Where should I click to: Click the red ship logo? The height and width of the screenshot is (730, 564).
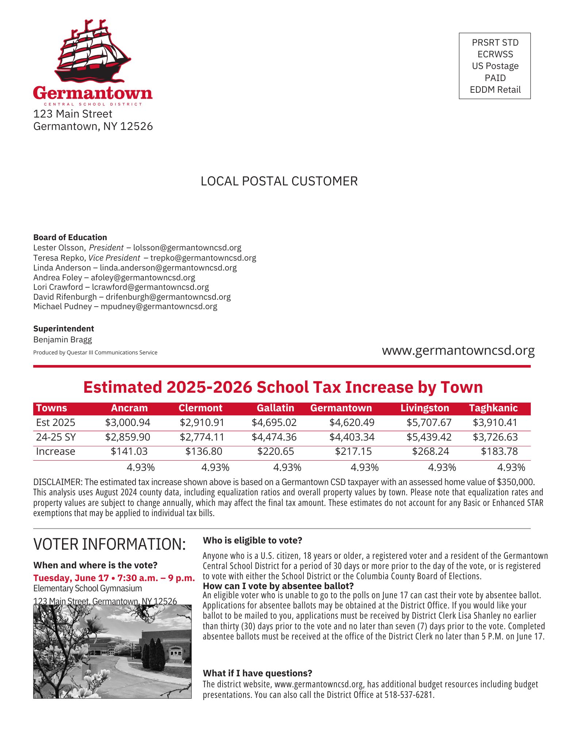(92, 51)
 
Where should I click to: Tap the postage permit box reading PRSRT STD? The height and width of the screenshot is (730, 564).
(494, 66)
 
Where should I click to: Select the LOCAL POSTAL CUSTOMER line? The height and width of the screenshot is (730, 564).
(279, 181)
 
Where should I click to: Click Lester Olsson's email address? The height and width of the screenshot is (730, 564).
(187, 248)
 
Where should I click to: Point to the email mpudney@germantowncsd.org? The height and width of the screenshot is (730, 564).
(159, 307)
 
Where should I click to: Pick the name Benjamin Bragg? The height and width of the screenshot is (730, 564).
(62, 340)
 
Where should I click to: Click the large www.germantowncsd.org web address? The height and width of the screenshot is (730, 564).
(458, 350)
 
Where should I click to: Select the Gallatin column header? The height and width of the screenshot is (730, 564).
(275, 408)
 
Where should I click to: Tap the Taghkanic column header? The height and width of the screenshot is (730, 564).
(493, 408)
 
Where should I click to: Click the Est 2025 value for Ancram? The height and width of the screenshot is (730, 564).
(127, 423)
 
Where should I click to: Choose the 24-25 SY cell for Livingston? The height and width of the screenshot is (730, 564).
(429, 437)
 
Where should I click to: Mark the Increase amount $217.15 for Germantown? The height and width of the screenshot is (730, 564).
(353, 452)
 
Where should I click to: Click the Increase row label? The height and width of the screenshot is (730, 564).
(55, 452)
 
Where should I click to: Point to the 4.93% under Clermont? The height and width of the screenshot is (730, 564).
(215, 468)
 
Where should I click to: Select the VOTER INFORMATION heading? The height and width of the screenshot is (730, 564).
(110, 544)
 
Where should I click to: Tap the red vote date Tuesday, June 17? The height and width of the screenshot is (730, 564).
(71, 578)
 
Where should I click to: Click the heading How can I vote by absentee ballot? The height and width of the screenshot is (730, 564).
(278, 586)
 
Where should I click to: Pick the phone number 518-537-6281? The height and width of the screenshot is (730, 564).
(409, 695)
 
